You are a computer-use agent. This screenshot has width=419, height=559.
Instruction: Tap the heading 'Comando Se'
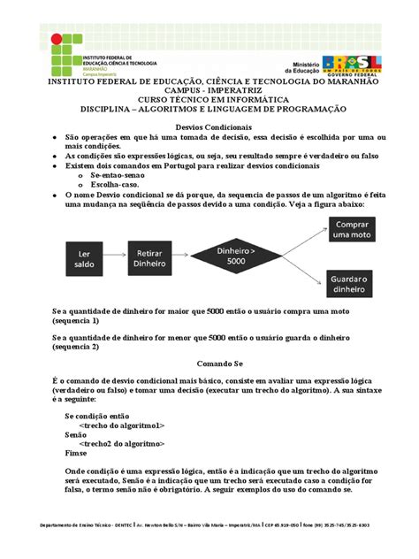209,363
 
